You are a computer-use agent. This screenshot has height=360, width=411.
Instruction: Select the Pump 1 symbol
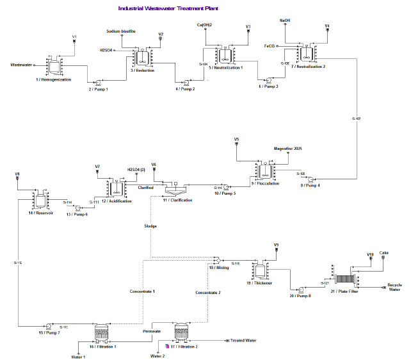(x=98, y=83)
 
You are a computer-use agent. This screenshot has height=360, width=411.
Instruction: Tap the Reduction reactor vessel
(x=142, y=57)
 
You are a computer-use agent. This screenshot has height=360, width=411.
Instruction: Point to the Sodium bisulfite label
(x=121, y=31)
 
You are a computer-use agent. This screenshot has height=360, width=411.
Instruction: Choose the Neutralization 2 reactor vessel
(x=307, y=54)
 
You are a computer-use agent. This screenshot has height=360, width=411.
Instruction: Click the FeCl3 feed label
(x=270, y=46)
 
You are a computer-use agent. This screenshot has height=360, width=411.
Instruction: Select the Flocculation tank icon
(x=263, y=170)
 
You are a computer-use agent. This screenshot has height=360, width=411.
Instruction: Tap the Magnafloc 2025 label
(x=287, y=149)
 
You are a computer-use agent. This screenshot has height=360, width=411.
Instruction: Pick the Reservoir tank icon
(x=39, y=200)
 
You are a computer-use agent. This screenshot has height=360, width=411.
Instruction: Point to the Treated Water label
(x=243, y=341)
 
